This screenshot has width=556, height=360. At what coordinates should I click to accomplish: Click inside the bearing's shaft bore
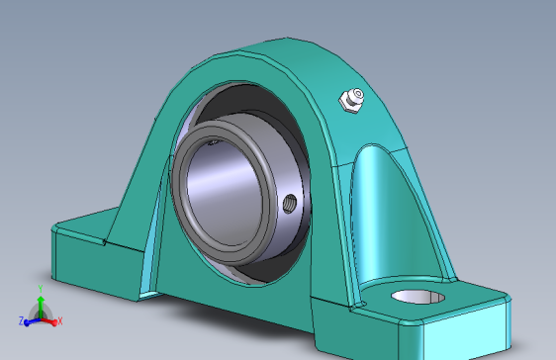point(231,189)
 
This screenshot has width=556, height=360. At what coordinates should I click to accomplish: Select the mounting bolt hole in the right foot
point(419,296)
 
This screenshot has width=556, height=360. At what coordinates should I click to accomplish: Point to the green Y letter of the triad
point(39,288)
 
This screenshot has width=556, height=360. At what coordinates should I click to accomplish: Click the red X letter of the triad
point(60,320)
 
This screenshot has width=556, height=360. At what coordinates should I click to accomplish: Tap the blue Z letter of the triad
point(21,321)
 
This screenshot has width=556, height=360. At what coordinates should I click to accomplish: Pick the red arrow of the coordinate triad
point(51,319)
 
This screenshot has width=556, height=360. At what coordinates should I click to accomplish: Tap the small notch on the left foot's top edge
point(103,241)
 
